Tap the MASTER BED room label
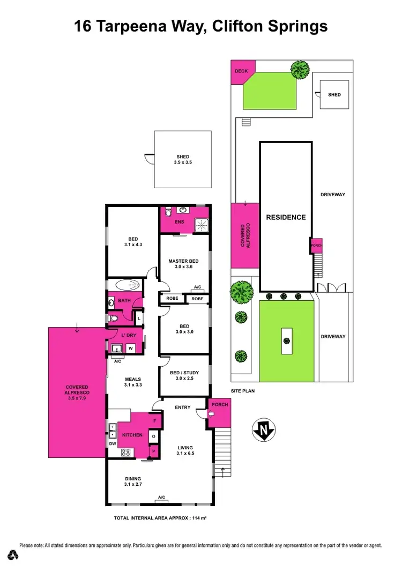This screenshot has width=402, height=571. point(183,261)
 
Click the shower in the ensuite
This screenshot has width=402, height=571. point(200,226)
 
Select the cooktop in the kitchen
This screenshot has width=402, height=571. point(126,452)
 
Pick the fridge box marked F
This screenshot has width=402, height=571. point(155,421)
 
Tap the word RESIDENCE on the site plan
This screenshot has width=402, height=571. point(286,217)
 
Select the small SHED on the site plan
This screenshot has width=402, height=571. point(334,95)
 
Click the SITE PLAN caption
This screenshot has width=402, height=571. point(243,391)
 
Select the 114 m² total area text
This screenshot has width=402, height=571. point(198,518)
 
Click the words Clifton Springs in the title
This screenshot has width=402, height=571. point(273,26)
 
